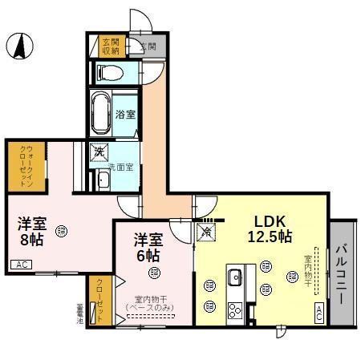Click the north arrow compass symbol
point(18,46)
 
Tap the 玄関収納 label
point(111,46)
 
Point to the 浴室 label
point(124,114)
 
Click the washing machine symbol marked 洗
point(99,151)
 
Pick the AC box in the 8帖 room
point(21,265)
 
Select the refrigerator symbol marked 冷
point(206,233)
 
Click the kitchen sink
point(235,278)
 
